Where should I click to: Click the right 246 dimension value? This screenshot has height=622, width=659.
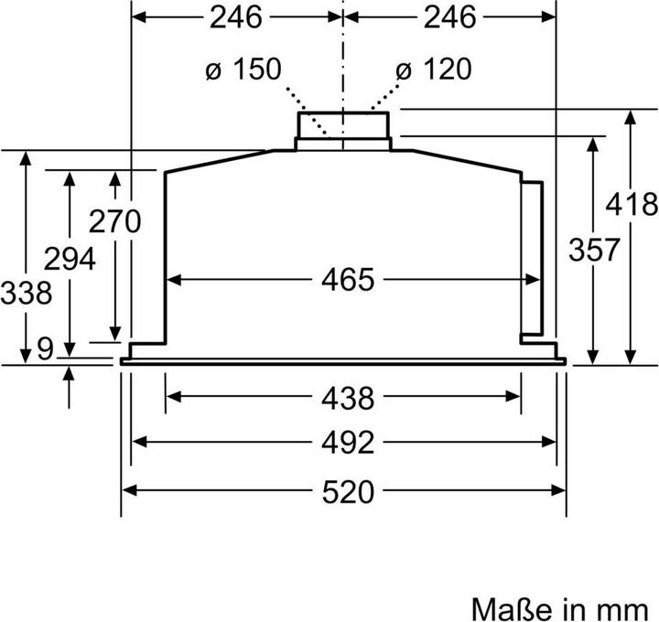pos(450,16)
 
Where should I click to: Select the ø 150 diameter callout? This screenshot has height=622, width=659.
pos(242,69)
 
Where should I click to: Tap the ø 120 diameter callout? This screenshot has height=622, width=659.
pos(433,69)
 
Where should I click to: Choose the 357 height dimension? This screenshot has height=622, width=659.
pos(593,249)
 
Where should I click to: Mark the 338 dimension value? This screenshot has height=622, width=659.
pos(25,294)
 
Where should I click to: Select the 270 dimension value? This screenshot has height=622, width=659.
pos(114,221)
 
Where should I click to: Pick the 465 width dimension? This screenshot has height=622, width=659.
pos(348,279)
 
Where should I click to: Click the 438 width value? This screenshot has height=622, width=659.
pos(348,398)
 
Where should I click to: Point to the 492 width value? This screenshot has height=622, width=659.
pos(348,443)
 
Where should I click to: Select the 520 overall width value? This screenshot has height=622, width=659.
pos(348,491)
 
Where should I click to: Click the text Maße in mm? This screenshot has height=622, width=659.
pos(564,607)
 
